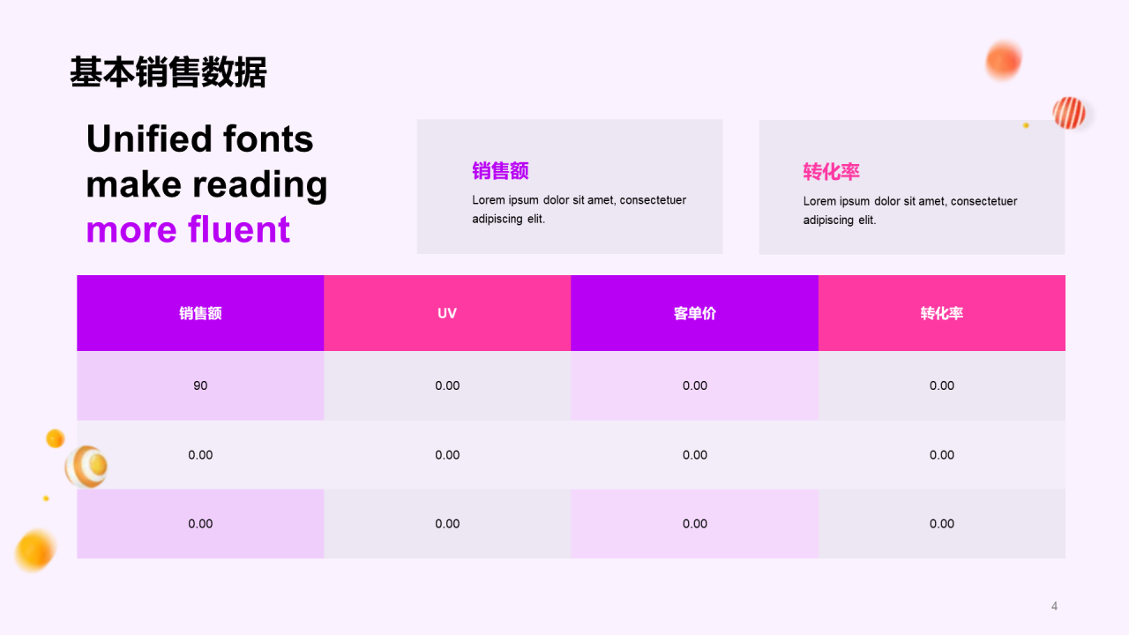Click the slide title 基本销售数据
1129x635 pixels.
click(x=168, y=72)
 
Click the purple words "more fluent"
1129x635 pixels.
click(x=188, y=229)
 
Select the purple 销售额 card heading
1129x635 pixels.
click(x=500, y=171)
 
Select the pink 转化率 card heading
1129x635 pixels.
click(x=831, y=172)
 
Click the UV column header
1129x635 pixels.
click(x=447, y=313)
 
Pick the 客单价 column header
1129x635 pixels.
click(x=694, y=313)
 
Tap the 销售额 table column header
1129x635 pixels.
click(x=200, y=313)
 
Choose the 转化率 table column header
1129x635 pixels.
click(x=941, y=313)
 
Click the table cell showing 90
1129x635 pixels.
click(x=200, y=385)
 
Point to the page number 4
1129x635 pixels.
click(x=1054, y=606)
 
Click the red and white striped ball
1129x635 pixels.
click(x=1069, y=113)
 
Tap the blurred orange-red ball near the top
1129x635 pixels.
click(x=1003, y=60)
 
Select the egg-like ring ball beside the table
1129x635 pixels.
click(x=86, y=467)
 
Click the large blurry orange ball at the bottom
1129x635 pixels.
click(x=35, y=550)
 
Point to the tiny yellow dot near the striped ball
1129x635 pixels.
click(x=1026, y=125)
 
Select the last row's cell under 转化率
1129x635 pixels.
click(x=941, y=524)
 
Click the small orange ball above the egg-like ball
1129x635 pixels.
click(x=55, y=438)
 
